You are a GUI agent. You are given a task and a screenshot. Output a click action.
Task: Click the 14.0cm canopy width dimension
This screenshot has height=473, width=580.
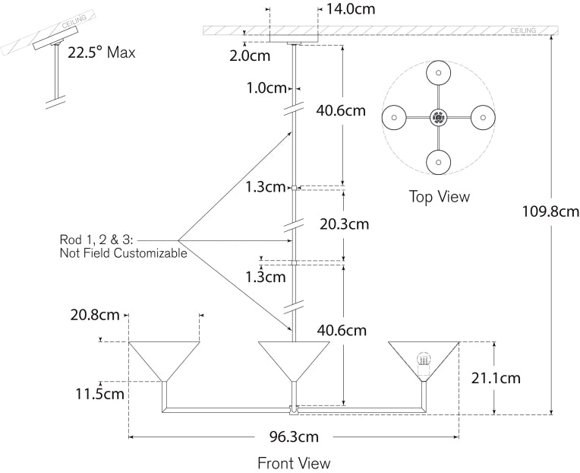click(350, 10)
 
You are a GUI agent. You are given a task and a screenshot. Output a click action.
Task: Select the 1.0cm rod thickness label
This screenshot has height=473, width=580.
click(266, 87)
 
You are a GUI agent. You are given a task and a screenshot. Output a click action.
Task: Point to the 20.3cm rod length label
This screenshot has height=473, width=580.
click(344, 224)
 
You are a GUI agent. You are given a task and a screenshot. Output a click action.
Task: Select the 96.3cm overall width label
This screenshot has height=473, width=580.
click(293, 436)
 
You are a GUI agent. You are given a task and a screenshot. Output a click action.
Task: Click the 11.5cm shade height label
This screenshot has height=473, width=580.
click(99, 393)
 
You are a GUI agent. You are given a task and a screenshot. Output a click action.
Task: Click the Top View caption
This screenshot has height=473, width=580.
click(439, 197)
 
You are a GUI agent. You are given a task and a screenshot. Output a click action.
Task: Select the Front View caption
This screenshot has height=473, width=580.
click(293, 462)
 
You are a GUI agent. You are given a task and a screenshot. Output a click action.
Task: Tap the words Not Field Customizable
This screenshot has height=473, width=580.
click(123, 253)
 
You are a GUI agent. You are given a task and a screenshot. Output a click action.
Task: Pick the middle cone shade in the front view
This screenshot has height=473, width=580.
click(293, 357)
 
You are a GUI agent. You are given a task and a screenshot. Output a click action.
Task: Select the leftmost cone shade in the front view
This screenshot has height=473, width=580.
click(163, 358)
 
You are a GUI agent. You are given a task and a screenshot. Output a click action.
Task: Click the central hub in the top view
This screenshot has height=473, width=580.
click(438, 117)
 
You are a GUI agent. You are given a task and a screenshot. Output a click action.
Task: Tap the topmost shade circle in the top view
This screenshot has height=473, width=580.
click(438, 72)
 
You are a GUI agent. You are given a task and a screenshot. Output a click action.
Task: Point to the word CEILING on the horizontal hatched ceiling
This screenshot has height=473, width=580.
click(522, 30)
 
